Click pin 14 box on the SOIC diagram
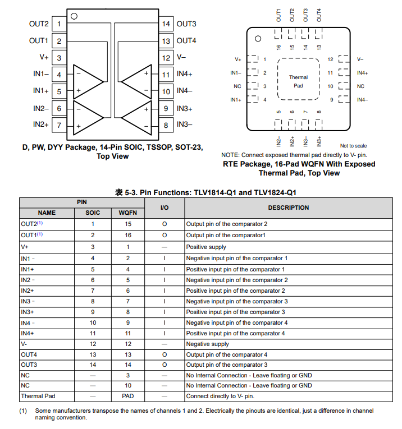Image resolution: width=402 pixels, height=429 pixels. click(166, 24)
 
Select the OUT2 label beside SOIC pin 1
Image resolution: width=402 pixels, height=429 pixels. click(39, 24)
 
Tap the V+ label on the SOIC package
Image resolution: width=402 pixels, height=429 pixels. click(44, 57)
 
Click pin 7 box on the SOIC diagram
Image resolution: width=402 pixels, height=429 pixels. click(59, 125)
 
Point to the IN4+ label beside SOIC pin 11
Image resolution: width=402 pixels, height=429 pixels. click(185, 74)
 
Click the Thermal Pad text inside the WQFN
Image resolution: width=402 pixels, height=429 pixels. click(298, 81)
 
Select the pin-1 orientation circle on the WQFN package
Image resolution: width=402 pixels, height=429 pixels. click(258, 39)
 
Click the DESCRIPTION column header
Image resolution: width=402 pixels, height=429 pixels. click(288, 207)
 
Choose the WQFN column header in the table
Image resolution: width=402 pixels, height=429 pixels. click(128, 213)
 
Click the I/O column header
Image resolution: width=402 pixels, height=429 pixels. click(165, 207)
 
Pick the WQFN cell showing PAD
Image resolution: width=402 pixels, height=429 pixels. click(128, 396)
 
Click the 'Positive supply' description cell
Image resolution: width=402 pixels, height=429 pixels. click(206, 247)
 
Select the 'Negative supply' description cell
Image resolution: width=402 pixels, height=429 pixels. click(207, 344)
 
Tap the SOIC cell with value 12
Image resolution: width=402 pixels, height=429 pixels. click(93, 344)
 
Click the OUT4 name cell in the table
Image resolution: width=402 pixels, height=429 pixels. click(29, 354)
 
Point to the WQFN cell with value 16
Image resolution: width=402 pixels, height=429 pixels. click(128, 236)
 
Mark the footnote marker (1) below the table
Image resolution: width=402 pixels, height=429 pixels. click(23, 411)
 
